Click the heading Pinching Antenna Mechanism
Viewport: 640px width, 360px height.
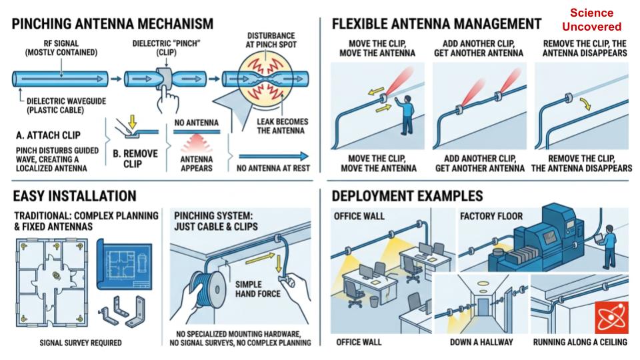[x=113, y=24]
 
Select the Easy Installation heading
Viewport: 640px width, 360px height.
[x=74, y=196]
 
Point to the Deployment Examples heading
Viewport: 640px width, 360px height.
[x=407, y=196]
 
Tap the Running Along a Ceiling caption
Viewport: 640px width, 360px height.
[x=580, y=342]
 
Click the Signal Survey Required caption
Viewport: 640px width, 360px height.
[x=81, y=343]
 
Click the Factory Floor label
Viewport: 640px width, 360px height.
[x=491, y=216]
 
